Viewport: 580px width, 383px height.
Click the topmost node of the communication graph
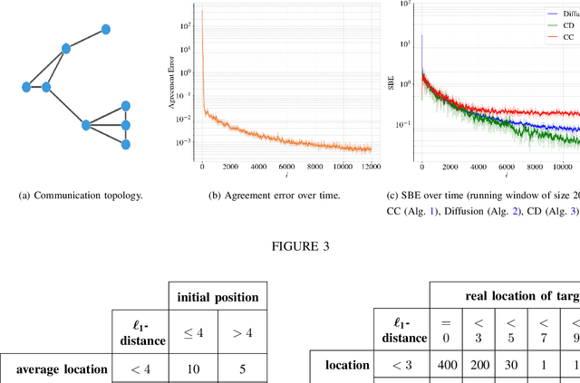(x=105, y=30)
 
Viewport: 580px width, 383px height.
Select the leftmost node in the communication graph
(x=26, y=87)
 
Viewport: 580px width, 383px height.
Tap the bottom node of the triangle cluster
(x=126, y=144)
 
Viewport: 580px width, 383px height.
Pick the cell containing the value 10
(x=195, y=369)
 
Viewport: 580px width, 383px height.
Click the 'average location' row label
(x=62, y=369)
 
